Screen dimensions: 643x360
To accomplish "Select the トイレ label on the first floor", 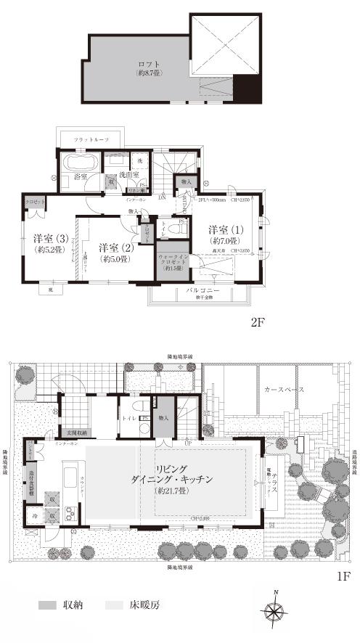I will [x=130, y=419].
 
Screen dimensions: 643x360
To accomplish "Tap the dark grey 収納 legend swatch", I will [x=47, y=604].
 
